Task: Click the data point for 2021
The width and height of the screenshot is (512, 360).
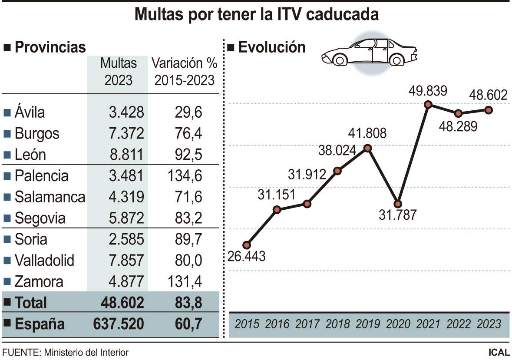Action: [x=428, y=104]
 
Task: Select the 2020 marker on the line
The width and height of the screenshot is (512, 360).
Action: [x=397, y=204]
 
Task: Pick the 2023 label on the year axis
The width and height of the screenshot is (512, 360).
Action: [x=489, y=324]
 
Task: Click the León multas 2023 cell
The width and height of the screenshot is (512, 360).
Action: [x=126, y=155]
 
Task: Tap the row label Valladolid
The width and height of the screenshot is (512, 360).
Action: [x=44, y=261]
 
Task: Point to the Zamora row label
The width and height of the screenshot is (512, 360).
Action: [x=39, y=282]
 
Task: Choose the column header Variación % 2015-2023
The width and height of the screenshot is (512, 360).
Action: [x=184, y=72]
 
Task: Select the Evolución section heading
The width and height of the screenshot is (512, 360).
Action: [x=272, y=47]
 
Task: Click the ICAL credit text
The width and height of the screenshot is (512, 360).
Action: [x=499, y=352]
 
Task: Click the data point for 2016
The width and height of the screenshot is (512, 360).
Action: [x=277, y=210]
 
